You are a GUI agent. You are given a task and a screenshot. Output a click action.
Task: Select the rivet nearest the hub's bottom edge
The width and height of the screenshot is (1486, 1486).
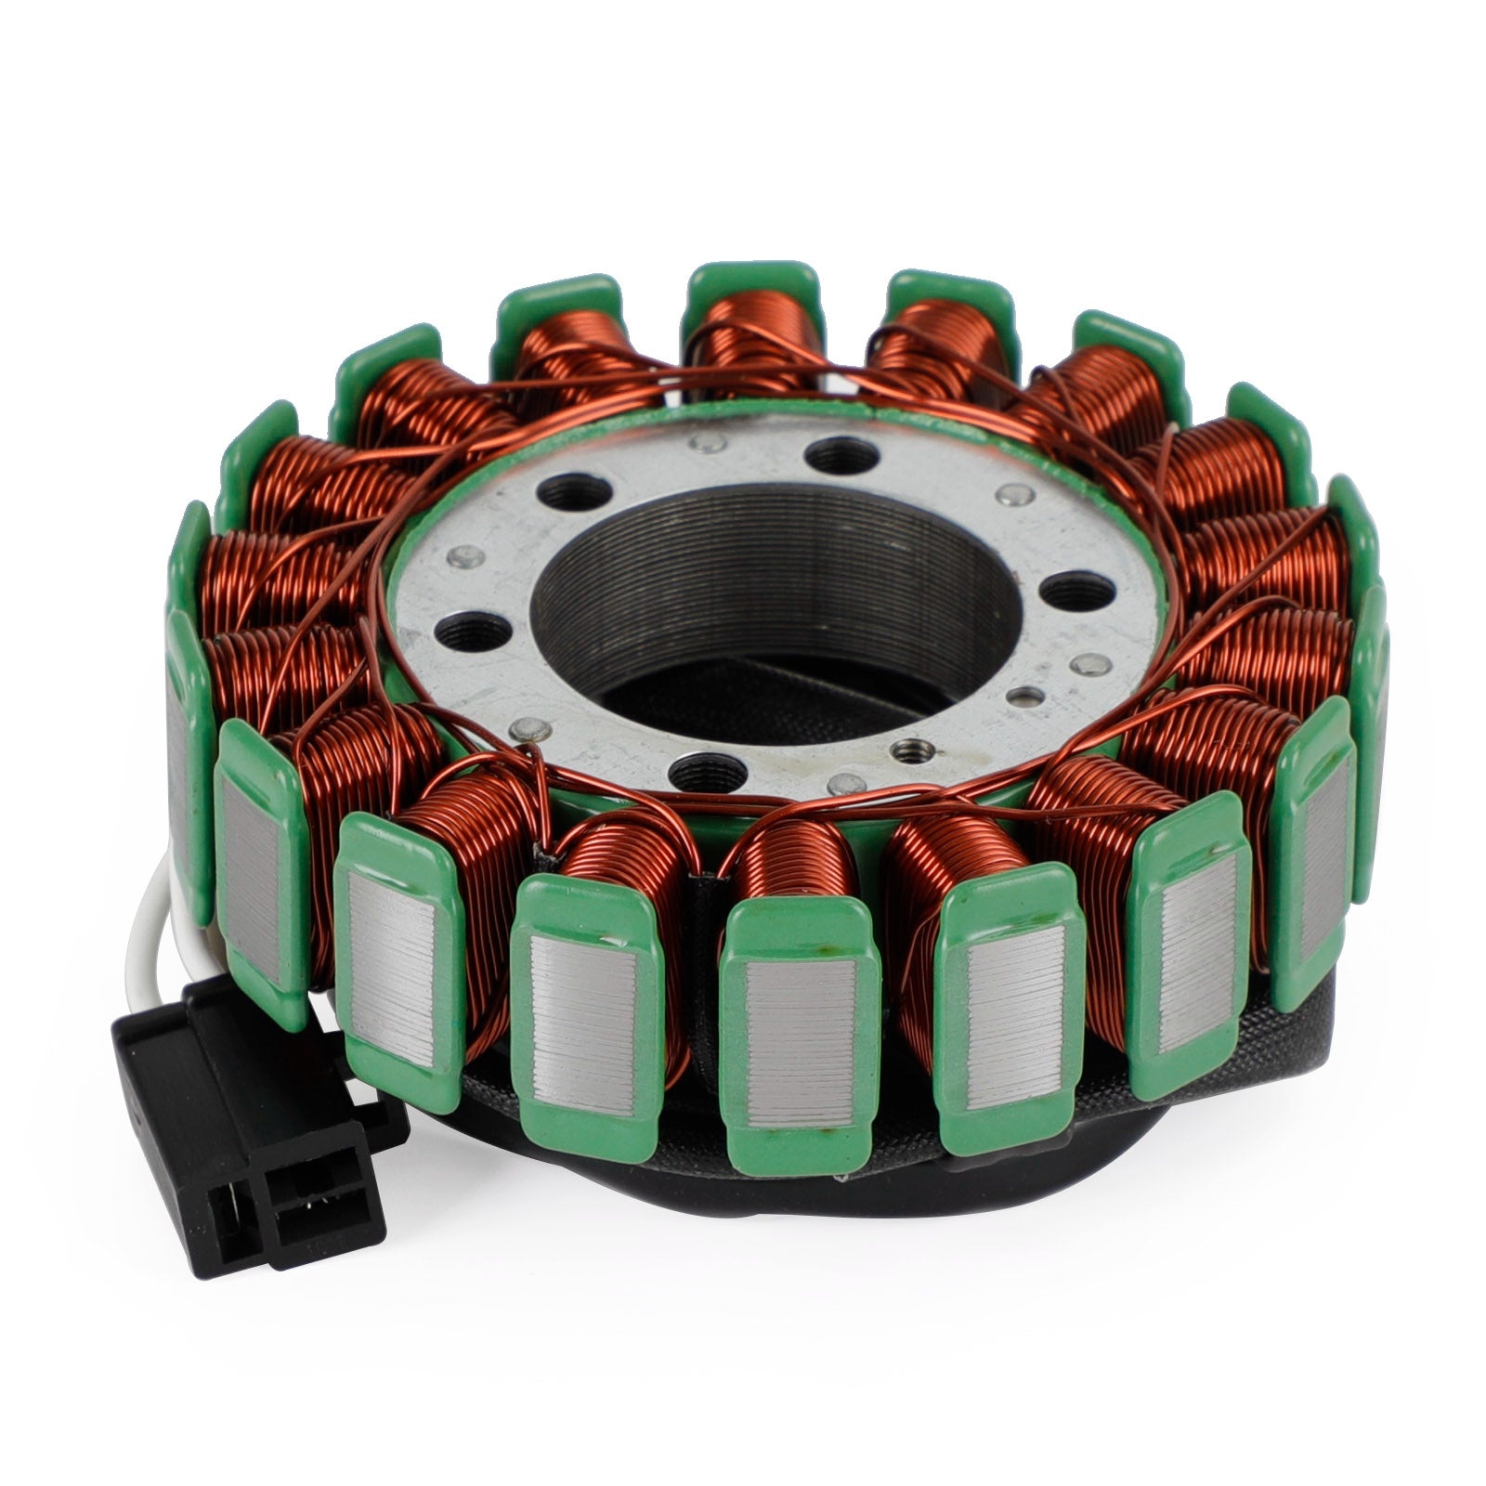[841, 782]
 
